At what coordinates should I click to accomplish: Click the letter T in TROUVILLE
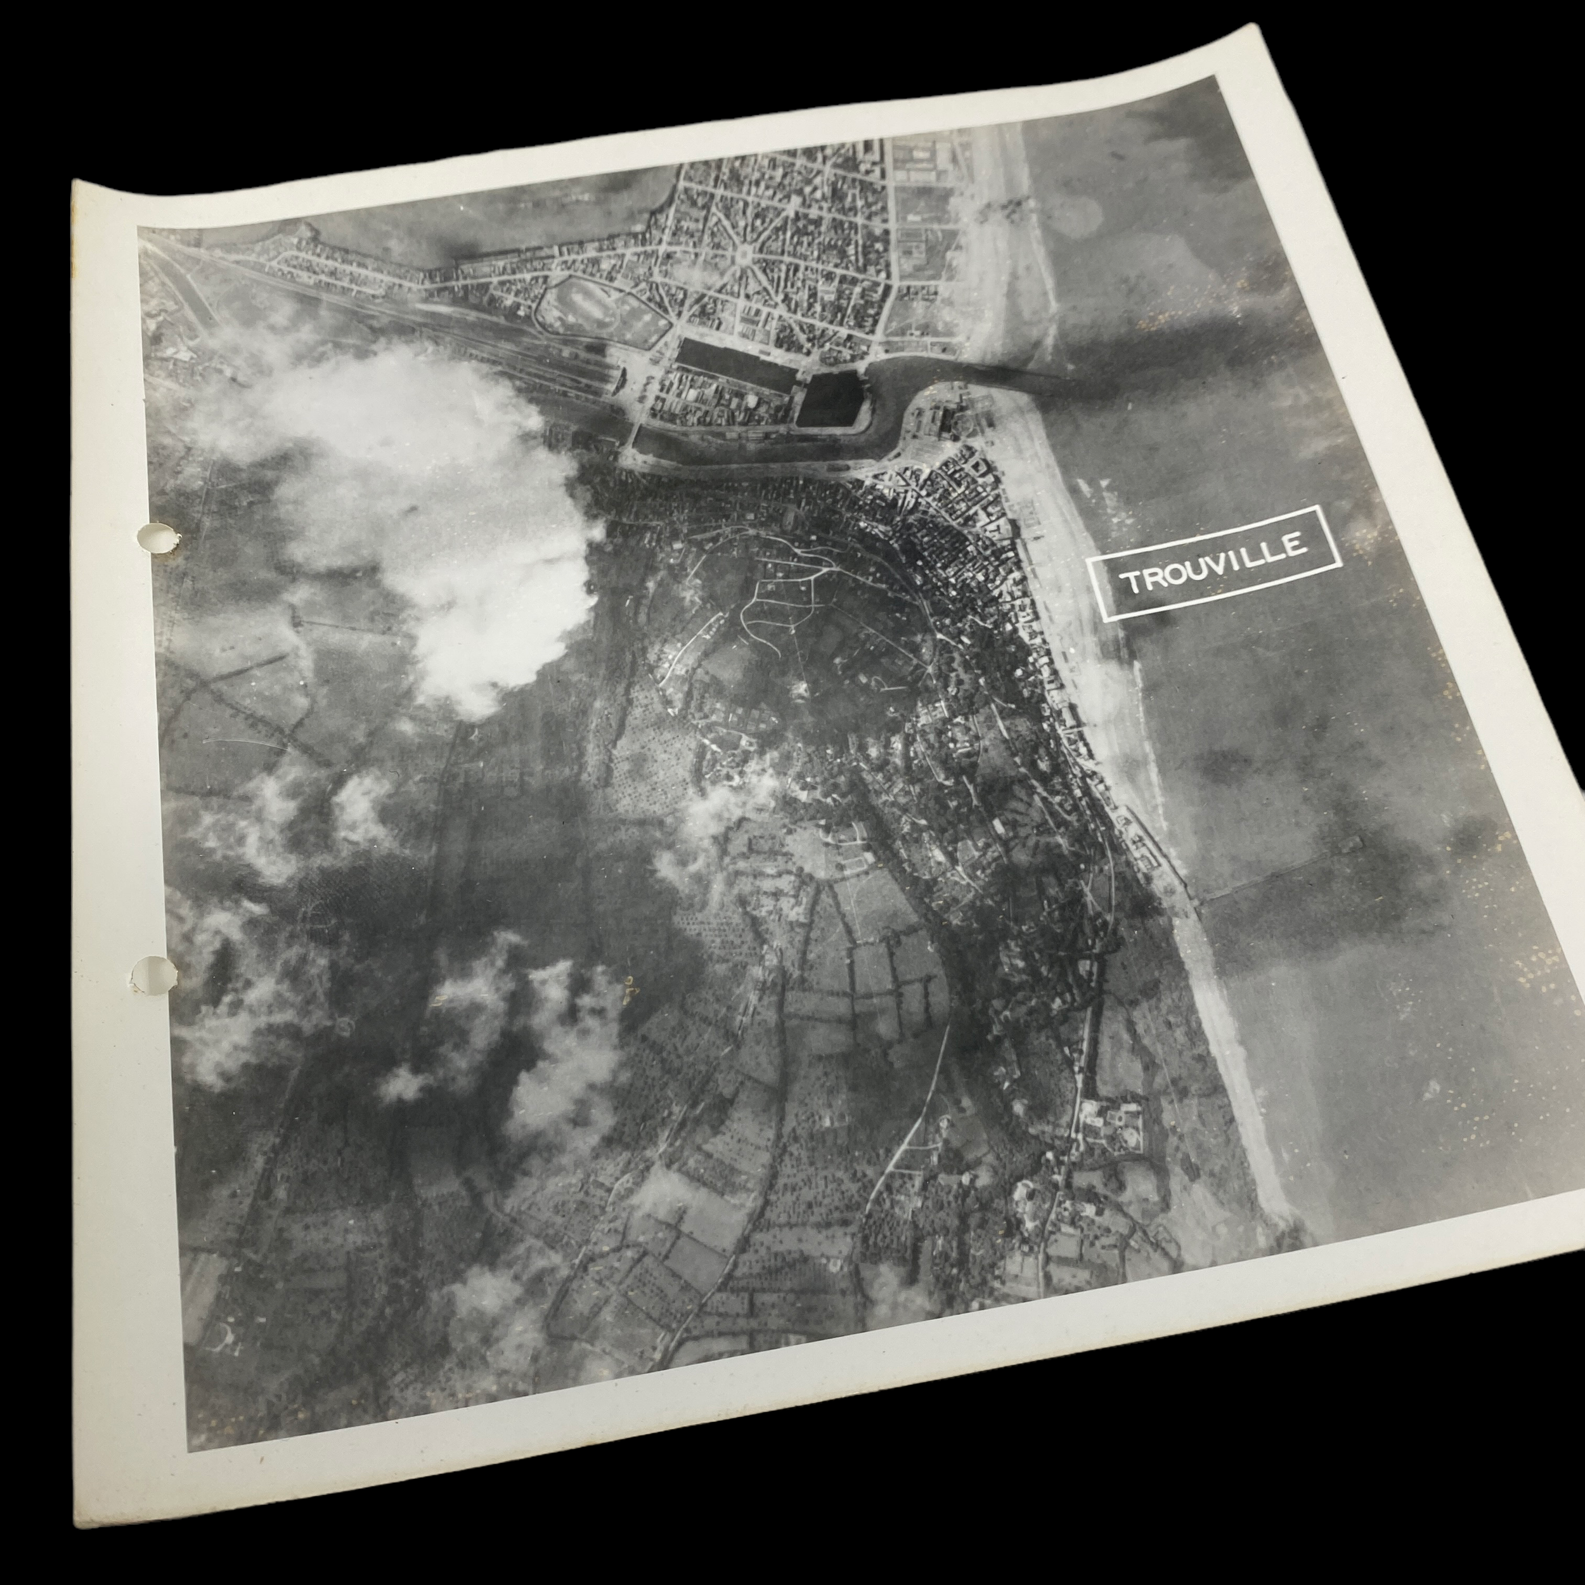pyautogui.click(x=1132, y=583)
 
